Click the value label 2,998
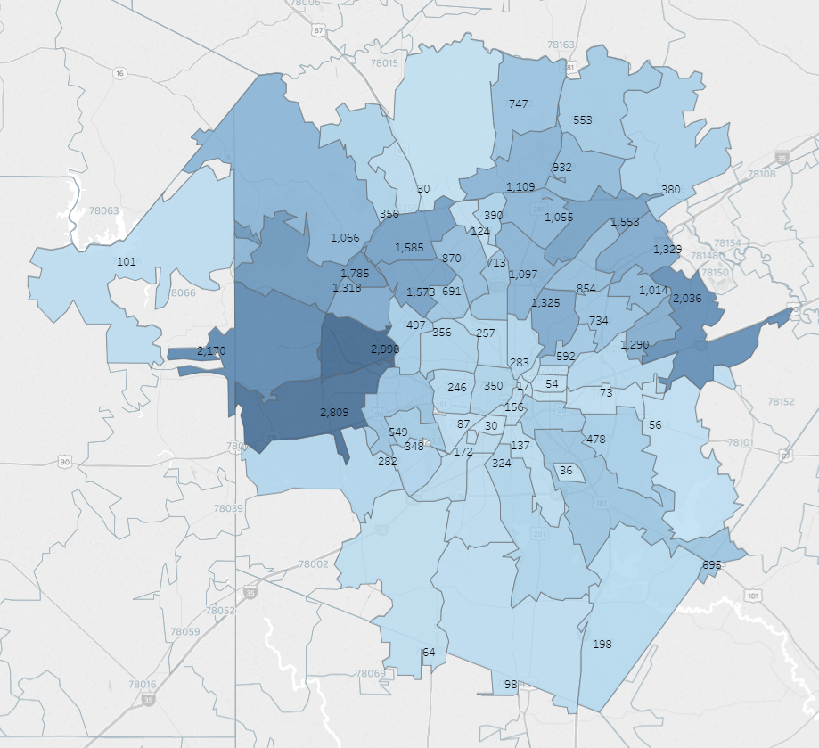pos(384,349)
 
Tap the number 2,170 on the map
pos(211,350)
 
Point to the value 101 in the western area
pos(127,262)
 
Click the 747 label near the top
pos(519,103)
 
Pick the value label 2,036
pos(687,298)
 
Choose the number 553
pos(583,119)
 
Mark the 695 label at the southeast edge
pos(711,565)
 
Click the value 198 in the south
pos(602,644)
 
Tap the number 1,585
pos(409,247)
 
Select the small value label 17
pos(523,386)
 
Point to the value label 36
pos(566,470)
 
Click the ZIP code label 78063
pos(103,211)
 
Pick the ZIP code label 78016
pos(141,685)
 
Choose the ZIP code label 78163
pos(561,45)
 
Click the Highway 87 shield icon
pos(319,30)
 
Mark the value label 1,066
pos(345,237)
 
